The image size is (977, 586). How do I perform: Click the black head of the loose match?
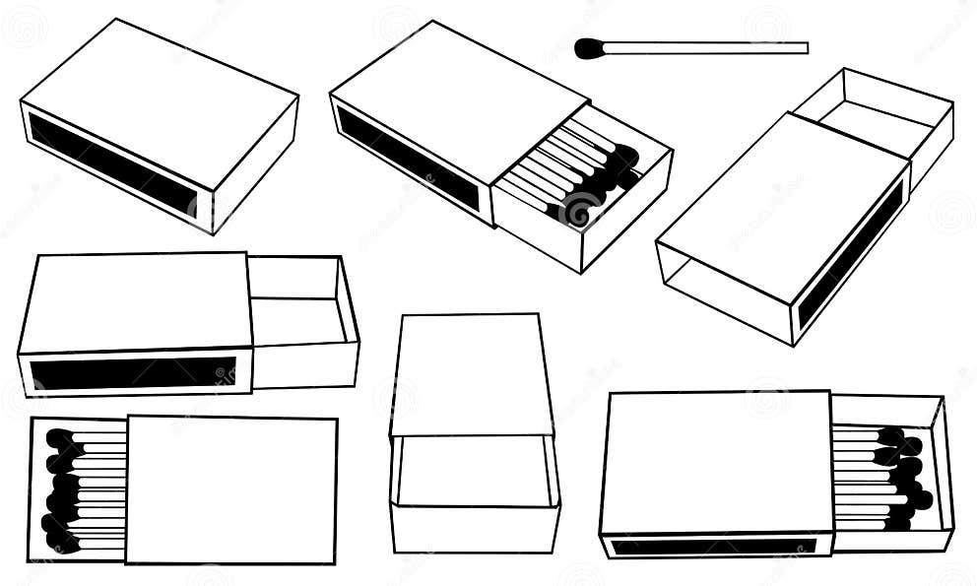(x=589, y=48)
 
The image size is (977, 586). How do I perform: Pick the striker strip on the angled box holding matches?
(x=409, y=158)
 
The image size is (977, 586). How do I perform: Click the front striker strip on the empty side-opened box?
(x=132, y=373)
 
